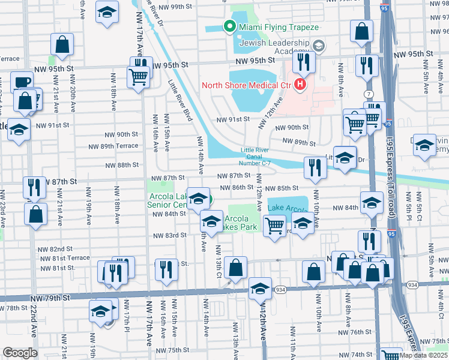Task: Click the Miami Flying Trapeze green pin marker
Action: point(228,26)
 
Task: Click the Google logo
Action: point(20,353)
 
